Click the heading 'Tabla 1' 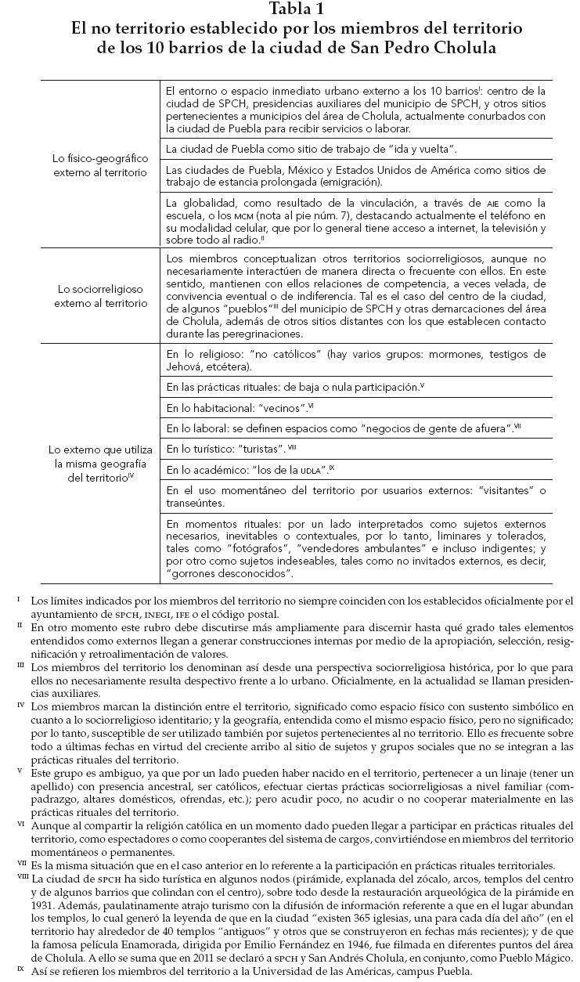point(289,9)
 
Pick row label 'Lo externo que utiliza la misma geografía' point(101,463)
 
